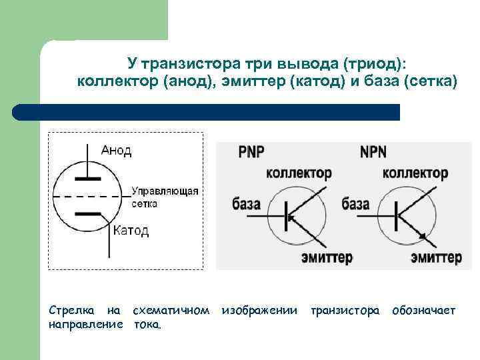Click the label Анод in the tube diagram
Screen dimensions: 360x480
click(116, 150)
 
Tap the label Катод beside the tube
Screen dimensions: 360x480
click(131, 231)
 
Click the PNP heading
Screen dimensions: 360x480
click(251, 152)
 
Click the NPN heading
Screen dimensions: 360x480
click(374, 152)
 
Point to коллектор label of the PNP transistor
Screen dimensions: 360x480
click(299, 173)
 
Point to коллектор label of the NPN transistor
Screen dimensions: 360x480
click(415, 173)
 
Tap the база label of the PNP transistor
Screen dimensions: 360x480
click(247, 203)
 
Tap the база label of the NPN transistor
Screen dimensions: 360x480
click(355, 203)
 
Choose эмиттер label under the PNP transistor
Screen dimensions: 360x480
click(327, 257)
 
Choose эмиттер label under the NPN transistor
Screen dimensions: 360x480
click(436, 257)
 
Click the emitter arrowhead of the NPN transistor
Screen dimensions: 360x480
click(421, 235)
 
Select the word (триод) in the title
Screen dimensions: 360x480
click(375, 64)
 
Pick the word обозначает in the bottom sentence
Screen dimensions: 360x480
click(424, 311)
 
